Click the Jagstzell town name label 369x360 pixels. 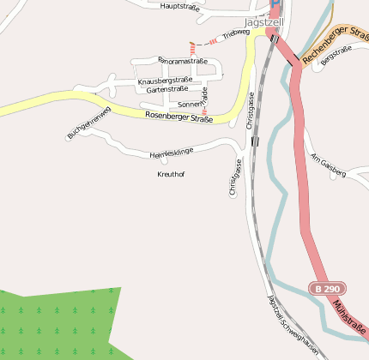(x=263, y=21)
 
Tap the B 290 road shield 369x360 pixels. (x=320, y=288)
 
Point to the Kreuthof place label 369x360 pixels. (x=171, y=174)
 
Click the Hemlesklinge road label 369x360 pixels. (x=172, y=153)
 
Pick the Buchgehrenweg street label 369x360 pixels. (x=89, y=123)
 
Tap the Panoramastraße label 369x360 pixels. (x=183, y=61)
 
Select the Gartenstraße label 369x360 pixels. (x=167, y=89)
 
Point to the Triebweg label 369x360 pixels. (x=235, y=34)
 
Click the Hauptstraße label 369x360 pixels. (x=179, y=6)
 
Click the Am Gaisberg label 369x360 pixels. (x=328, y=166)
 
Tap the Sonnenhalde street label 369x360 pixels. (x=194, y=102)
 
